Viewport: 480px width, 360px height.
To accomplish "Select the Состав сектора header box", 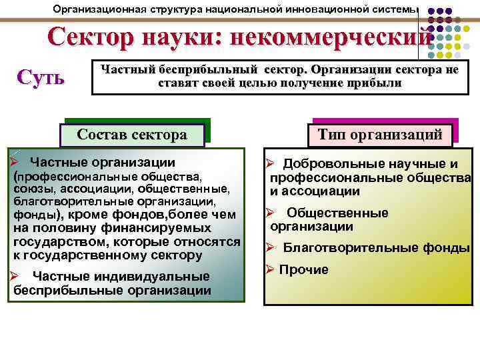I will point(131,134).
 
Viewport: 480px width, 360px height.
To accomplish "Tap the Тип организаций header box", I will point(379,134).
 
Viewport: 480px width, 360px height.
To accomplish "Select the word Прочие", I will point(303,270).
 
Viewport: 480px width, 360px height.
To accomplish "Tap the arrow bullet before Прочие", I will point(270,270).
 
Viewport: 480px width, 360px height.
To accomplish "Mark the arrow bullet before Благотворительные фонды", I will point(270,249).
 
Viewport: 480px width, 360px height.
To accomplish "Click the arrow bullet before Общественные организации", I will point(270,213).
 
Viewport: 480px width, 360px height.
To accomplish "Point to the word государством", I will point(51,241).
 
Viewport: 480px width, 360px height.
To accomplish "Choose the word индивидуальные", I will point(151,277).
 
